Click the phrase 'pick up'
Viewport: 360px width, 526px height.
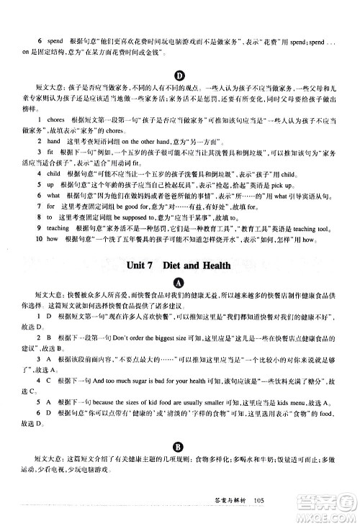[x=265, y=184]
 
